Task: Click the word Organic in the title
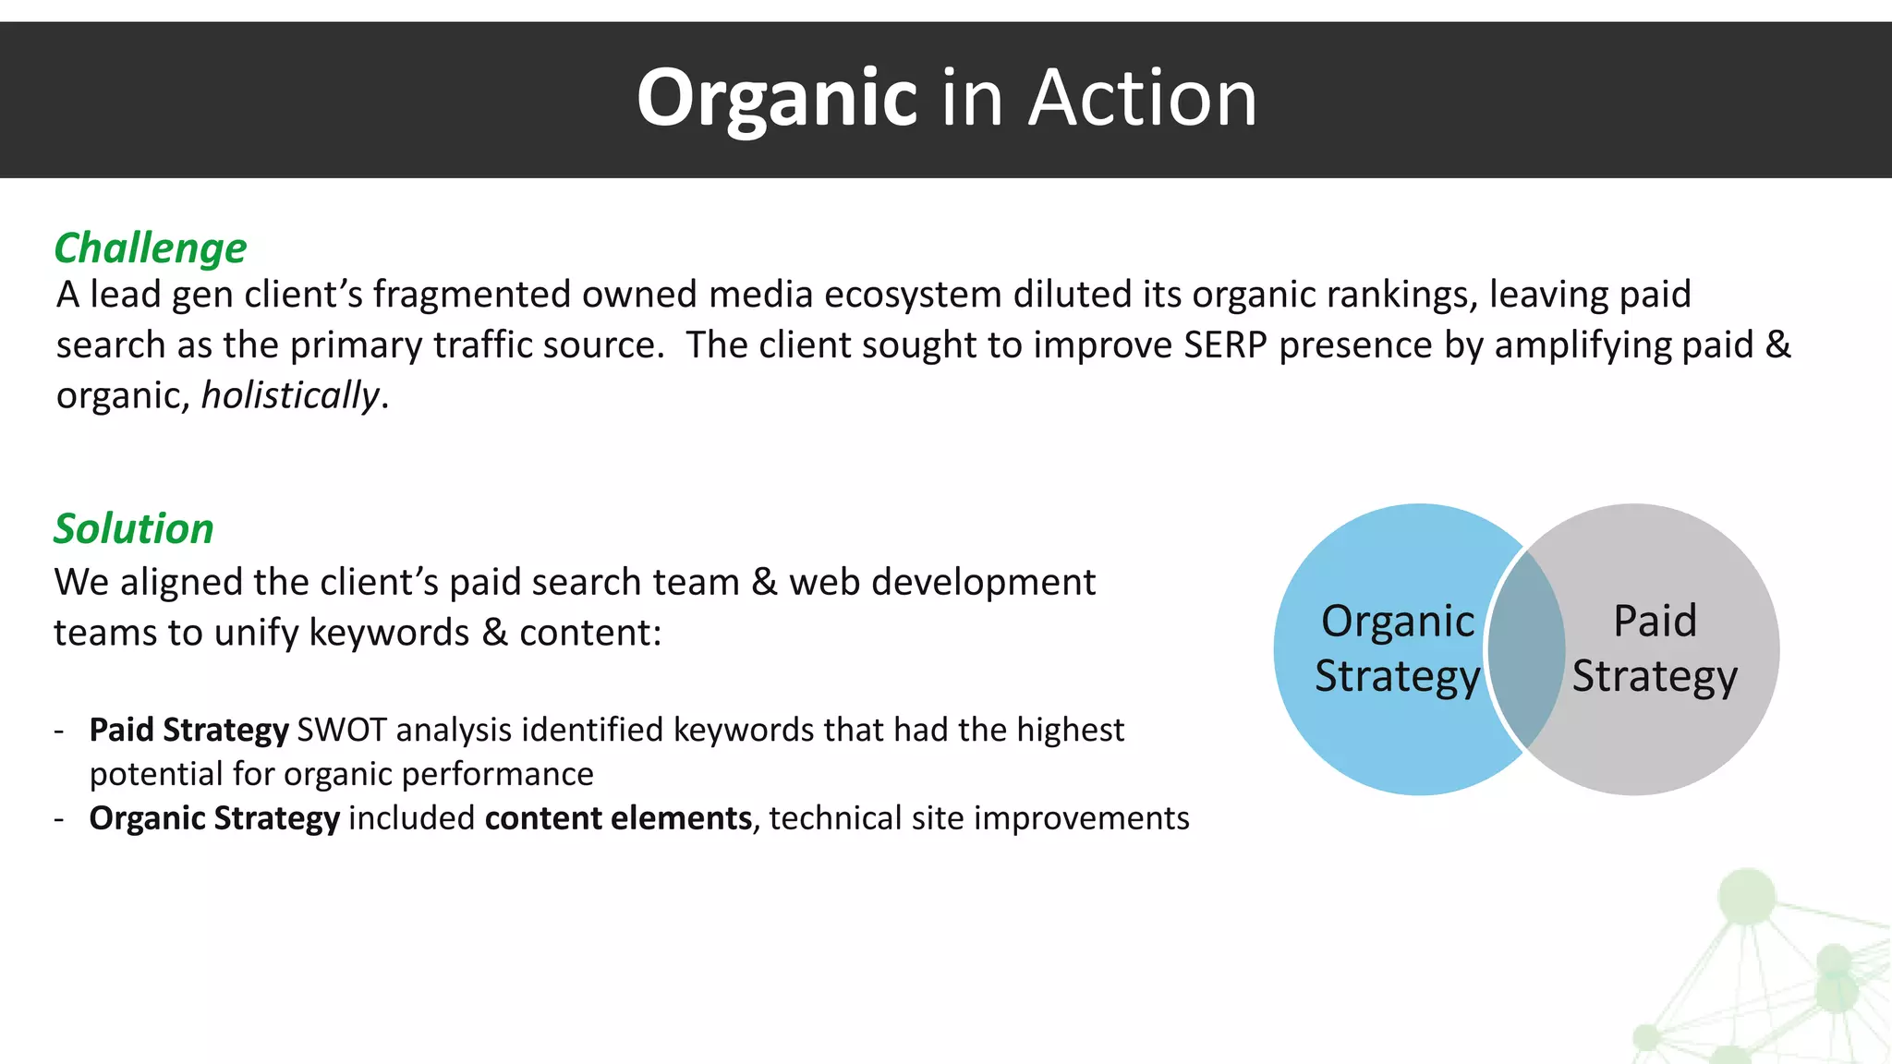click(776, 99)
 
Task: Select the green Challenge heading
click(151, 248)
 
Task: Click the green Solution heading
click(134, 529)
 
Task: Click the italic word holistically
click(290, 396)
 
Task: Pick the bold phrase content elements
click(618, 819)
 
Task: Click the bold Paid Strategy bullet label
click(188, 731)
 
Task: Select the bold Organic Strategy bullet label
click(214, 819)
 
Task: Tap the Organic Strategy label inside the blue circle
click(1397, 648)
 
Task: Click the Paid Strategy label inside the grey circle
click(1655, 648)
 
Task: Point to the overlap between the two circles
click(1526, 648)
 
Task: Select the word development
click(983, 583)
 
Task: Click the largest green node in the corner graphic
click(1746, 895)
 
